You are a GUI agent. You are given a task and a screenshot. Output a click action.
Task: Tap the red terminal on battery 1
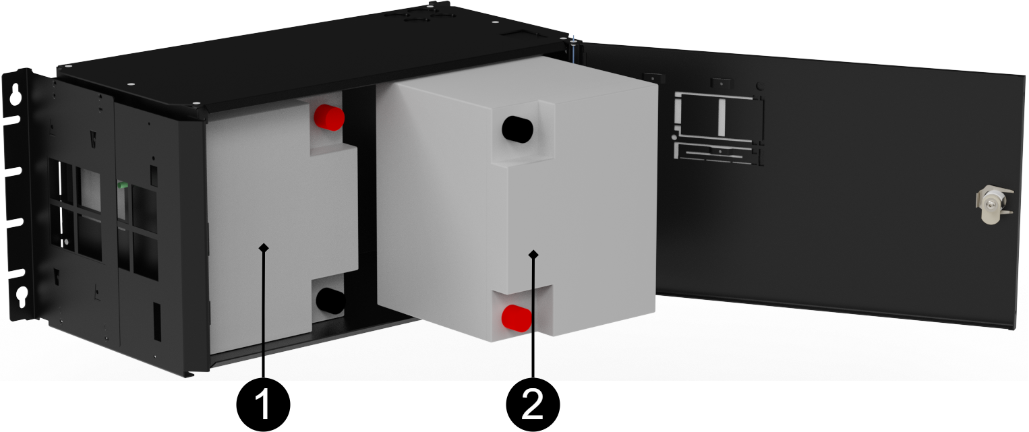click(330, 117)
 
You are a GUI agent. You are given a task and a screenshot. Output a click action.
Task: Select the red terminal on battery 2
click(516, 317)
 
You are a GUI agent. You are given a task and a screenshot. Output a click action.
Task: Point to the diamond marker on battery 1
click(264, 248)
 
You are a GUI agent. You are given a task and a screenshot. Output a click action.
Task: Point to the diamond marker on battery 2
click(534, 254)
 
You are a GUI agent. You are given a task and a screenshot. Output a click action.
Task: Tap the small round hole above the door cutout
click(761, 87)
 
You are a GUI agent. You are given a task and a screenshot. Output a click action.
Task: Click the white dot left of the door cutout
click(674, 137)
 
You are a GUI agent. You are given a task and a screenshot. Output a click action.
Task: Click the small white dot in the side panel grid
click(67, 242)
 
